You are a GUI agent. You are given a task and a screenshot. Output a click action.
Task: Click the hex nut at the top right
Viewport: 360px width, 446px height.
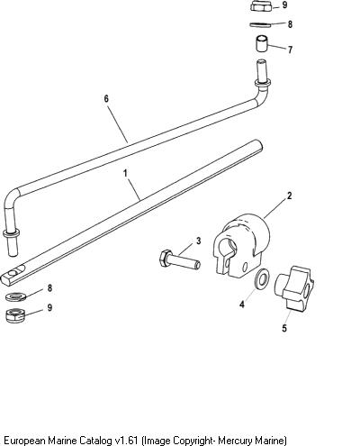tap(261, 6)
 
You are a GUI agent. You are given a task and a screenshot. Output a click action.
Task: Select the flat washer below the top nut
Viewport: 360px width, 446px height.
tap(260, 24)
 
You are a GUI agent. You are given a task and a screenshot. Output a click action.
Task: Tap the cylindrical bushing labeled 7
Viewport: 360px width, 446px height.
tap(261, 44)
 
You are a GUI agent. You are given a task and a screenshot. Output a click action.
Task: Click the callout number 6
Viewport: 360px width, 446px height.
tap(106, 99)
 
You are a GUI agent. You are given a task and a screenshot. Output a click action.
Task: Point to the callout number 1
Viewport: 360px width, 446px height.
tap(125, 173)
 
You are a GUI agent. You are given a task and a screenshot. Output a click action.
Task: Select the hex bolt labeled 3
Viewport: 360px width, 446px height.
tap(179, 259)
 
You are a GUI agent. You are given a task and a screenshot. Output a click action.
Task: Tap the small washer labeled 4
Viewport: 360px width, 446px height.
tap(262, 278)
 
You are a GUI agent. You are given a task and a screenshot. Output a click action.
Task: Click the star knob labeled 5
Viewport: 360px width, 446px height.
tap(294, 287)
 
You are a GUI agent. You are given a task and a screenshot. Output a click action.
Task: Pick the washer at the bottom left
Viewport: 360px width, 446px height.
tap(16, 297)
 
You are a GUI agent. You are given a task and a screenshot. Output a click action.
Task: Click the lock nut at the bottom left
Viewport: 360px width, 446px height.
tap(15, 315)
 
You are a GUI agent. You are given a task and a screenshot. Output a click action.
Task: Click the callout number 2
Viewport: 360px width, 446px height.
tap(289, 196)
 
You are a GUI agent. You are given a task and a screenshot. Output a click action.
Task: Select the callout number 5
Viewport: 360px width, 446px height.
tap(284, 328)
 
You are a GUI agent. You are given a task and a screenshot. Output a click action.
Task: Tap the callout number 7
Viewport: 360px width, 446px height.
tap(290, 50)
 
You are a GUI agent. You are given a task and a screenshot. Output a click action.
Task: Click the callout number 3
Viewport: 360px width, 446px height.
tap(198, 241)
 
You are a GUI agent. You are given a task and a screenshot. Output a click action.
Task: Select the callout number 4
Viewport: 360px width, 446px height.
tap(242, 305)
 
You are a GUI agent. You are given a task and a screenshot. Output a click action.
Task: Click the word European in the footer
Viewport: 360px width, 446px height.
tap(25, 441)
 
